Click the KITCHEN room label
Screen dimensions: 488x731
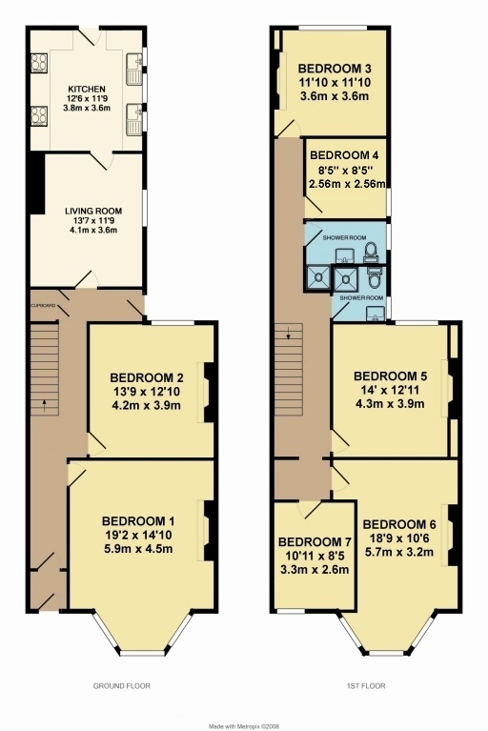pos(87,89)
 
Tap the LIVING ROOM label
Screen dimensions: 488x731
pos(93,212)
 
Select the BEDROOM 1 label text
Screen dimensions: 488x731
pos(138,520)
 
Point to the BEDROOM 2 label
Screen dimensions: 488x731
pos(147,377)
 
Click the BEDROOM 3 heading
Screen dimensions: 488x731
pos(335,69)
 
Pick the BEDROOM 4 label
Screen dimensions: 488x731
pos(344,155)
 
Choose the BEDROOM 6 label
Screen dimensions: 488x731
pos(399,524)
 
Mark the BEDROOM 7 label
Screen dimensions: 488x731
pos(315,542)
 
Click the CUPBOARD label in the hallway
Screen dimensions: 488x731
pos(43,306)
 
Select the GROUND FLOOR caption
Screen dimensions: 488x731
pos(122,686)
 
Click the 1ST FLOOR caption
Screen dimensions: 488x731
pos(366,686)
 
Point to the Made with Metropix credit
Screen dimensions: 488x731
pos(245,726)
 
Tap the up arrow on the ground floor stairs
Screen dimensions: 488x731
pos(45,406)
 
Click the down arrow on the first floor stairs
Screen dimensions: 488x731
pos(289,334)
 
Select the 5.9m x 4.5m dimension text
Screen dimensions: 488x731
pos(138,549)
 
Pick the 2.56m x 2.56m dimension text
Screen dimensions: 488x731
pos(347,183)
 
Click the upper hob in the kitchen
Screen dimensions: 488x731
pos(39,63)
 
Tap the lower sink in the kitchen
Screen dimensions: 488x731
pos(133,119)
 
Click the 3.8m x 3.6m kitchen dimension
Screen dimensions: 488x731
pos(87,108)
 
